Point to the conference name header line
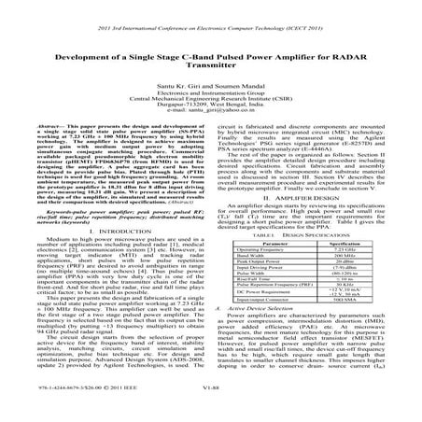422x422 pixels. tap(211, 11)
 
